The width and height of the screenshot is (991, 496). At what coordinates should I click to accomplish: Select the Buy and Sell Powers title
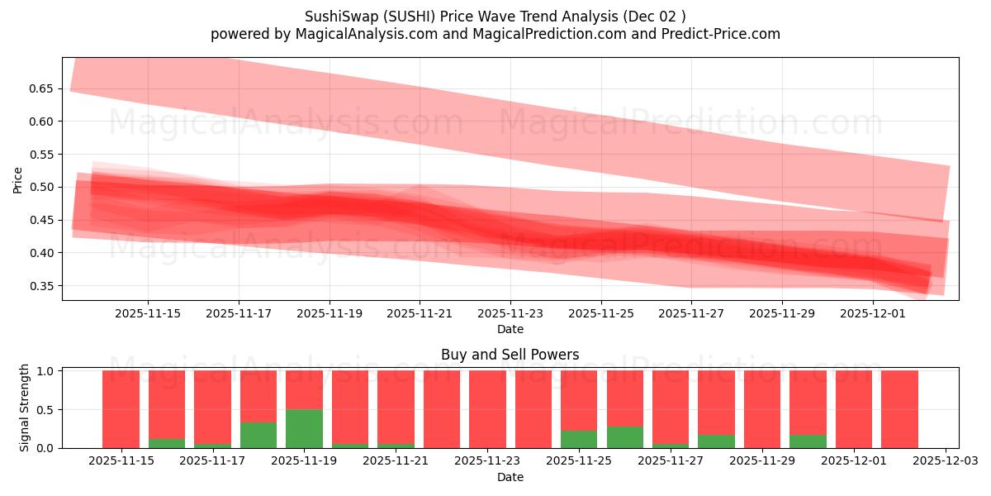[x=510, y=355]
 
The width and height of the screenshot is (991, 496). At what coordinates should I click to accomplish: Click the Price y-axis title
[x=17, y=179]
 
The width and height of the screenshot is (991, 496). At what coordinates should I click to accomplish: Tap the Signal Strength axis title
[x=25, y=408]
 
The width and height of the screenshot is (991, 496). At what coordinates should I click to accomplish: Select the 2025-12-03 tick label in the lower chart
[x=944, y=461]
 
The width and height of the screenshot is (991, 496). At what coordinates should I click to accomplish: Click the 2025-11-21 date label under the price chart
[x=420, y=313]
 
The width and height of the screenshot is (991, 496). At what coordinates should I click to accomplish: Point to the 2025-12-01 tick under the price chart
[x=873, y=313]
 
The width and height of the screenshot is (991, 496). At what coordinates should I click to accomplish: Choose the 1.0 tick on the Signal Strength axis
[x=47, y=371]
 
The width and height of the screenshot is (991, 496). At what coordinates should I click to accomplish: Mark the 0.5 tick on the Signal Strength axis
[x=47, y=410]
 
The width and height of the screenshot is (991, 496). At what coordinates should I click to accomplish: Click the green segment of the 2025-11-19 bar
[x=304, y=429]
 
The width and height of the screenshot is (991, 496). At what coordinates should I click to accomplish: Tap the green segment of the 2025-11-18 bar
[x=258, y=436]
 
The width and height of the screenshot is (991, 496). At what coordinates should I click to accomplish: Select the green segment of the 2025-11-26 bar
[x=624, y=437]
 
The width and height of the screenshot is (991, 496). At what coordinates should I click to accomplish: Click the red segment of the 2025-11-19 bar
[x=304, y=389]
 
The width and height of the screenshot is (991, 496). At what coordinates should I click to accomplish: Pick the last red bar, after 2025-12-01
[x=899, y=409]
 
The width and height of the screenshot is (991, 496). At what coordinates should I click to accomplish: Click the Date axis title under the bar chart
[x=510, y=477]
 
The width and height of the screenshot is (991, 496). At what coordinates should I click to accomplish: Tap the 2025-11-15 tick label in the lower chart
[x=122, y=461]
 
